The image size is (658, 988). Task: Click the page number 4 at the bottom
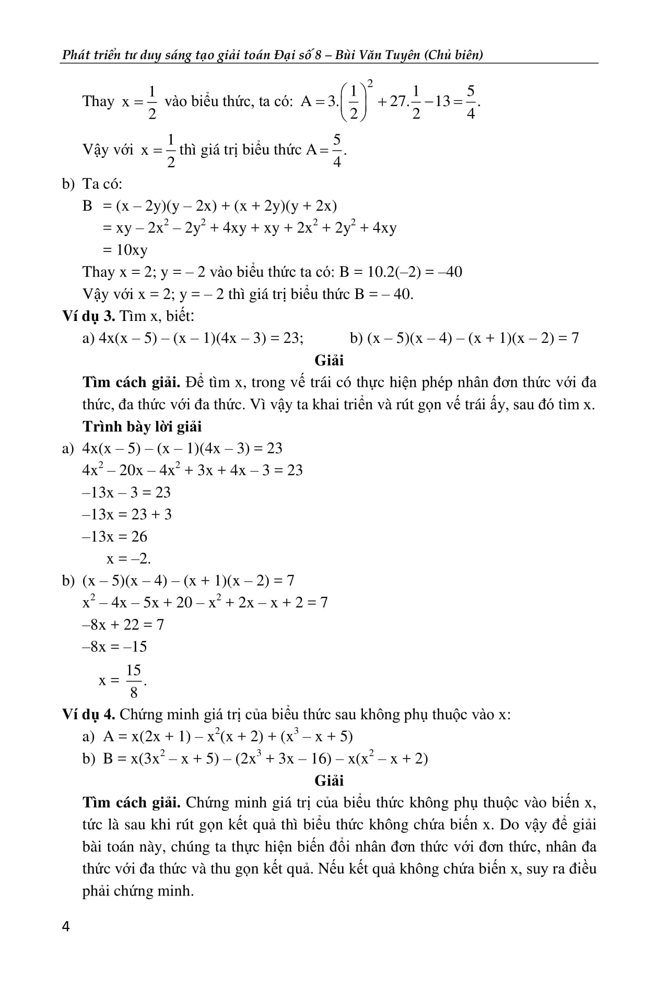point(66,927)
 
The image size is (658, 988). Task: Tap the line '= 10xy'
point(125,250)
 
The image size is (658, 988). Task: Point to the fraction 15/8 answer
point(134,681)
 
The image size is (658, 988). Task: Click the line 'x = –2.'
point(128,558)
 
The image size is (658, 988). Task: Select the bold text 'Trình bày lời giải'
point(142,427)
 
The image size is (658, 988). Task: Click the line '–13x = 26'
point(115,536)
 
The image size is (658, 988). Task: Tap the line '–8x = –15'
point(115,647)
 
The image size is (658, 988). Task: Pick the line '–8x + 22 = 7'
point(123,624)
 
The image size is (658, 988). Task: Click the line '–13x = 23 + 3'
point(127,514)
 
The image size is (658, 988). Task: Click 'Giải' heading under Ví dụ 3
point(329,360)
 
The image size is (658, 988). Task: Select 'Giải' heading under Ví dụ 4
point(329,780)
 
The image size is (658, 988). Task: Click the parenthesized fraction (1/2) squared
point(355,101)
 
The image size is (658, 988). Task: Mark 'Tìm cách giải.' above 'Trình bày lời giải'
point(131,383)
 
